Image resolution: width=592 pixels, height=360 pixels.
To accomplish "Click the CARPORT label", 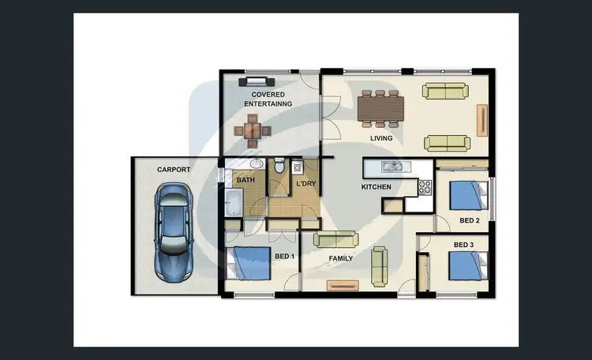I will (174, 170).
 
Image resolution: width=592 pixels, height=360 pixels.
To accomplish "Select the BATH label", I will (245, 180).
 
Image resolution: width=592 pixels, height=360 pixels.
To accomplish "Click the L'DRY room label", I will (305, 185).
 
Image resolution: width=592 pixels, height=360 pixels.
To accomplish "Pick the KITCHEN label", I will (377, 187).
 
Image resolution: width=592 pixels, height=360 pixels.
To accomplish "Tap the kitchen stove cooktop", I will (425, 188).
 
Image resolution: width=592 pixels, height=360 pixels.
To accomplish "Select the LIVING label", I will (382, 139).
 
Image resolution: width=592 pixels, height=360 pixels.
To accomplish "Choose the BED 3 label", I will (463, 245).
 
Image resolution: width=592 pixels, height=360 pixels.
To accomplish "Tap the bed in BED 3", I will (466, 265).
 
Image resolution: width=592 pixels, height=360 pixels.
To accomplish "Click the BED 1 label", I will (285, 257).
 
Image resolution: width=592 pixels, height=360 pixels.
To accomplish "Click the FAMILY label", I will (340, 258).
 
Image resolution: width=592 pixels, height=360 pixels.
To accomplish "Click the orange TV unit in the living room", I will (481, 120).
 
